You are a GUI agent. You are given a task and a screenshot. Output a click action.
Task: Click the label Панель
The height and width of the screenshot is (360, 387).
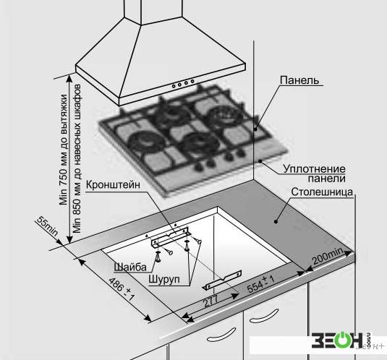click(299, 80)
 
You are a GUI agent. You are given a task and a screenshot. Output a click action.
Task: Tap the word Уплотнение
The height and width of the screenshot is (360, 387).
click(314, 169)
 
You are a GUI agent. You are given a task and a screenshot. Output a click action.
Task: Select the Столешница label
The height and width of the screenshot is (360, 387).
click(322, 192)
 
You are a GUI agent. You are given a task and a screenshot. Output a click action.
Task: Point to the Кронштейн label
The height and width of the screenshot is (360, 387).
click(113, 184)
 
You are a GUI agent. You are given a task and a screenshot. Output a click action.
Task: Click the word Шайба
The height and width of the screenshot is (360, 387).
click(130, 267)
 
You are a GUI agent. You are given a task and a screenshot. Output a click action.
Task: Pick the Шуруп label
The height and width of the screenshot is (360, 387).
click(164, 279)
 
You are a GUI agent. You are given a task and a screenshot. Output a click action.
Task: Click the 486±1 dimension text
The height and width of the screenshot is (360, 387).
click(122, 289)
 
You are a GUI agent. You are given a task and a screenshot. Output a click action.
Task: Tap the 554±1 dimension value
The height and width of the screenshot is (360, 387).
click(261, 284)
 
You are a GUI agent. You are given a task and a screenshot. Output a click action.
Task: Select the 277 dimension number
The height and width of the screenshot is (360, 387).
click(210, 301)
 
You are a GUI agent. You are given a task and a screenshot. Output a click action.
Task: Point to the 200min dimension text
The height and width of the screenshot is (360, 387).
click(328, 256)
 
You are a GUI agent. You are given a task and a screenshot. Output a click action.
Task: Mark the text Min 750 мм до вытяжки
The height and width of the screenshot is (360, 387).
click(64, 150)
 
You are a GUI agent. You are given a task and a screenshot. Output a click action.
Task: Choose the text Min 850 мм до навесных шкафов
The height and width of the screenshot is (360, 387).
click(77, 159)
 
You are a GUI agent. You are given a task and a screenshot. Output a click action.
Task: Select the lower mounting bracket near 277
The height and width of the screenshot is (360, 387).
click(222, 280)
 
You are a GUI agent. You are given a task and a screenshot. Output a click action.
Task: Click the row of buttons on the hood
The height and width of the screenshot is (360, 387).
click(183, 83)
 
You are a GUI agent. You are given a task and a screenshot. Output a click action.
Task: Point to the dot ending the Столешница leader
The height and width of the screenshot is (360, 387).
click(276, 221)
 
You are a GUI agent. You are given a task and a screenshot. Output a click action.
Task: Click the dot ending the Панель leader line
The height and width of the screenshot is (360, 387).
click(256, 129)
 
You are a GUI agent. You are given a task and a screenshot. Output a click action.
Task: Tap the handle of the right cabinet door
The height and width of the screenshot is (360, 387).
click(264, 316)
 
